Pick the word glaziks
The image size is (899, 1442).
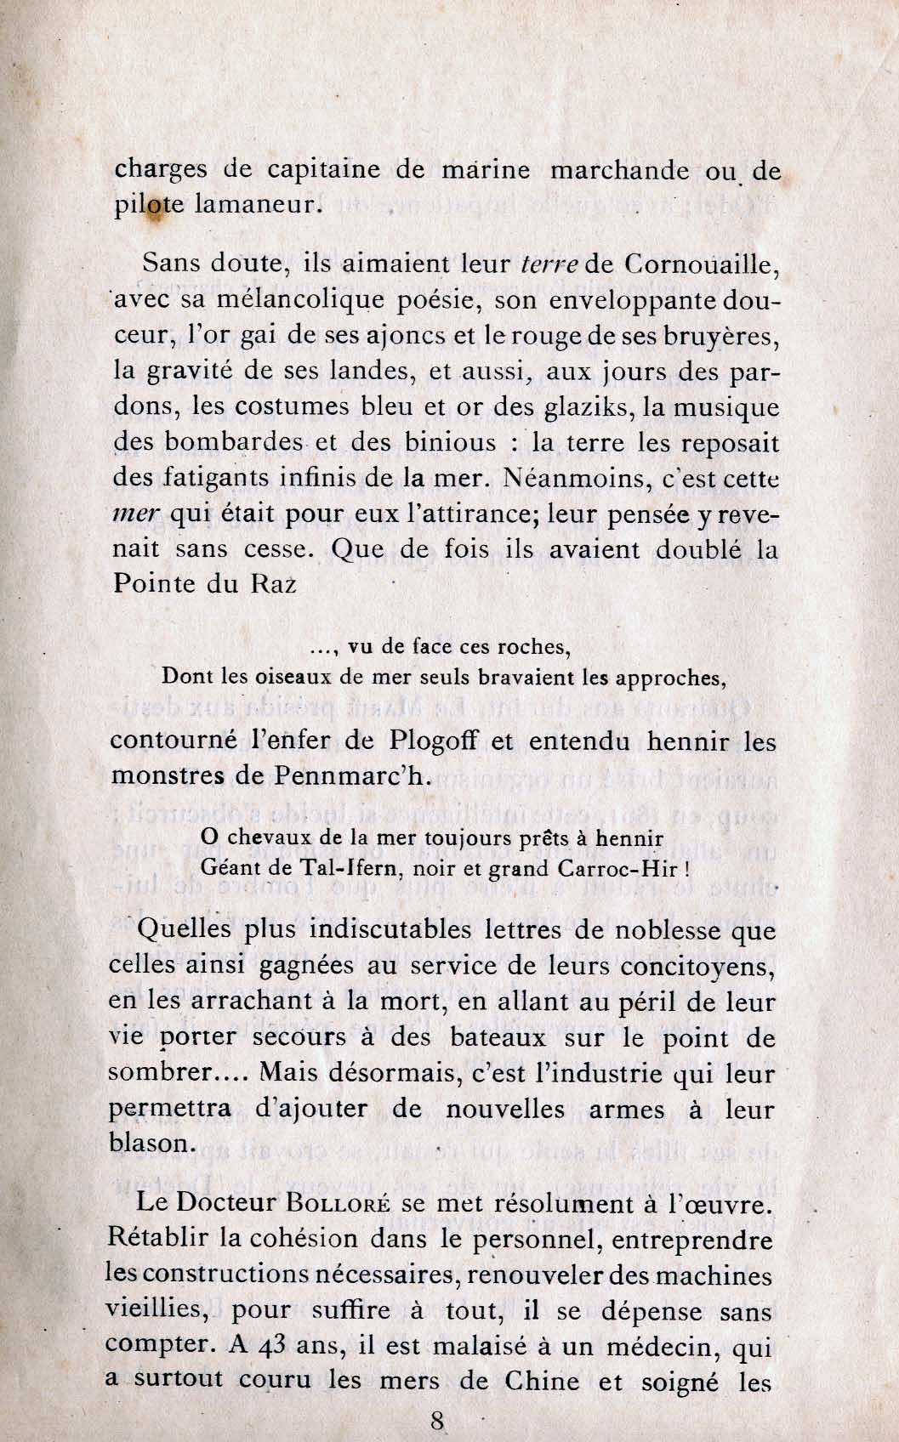[594, 406]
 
